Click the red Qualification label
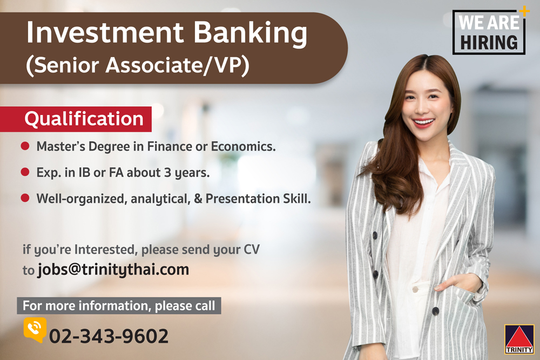tap(76, 119)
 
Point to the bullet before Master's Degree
tap(25, 146)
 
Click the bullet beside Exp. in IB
tap(25, 172)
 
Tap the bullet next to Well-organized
tap(25, 198)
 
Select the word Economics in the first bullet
tap(243, 146)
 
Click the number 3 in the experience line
tap(168, 172)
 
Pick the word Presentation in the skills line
tap(242, 199)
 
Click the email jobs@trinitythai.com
tap(113, 269)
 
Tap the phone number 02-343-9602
tap(109, 336)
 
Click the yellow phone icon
tap(35, 329)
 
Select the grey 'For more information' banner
tap(119, 305)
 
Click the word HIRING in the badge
tap(489, 43)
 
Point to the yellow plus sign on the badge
tap(524, 11)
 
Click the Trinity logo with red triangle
tap(519, 339)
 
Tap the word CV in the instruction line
tap(252, 249)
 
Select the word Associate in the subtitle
tap(154, 65)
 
